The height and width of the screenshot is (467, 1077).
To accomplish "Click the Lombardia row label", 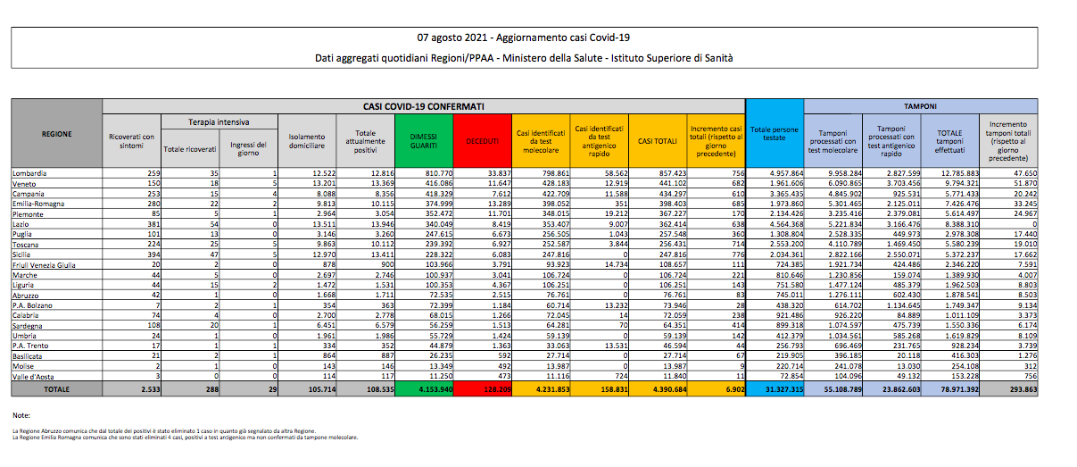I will [29, 171].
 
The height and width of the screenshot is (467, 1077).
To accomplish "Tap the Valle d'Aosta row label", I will [31, 377].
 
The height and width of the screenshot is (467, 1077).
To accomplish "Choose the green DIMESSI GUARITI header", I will [423, 138].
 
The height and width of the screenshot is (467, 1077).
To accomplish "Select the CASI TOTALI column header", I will [656, 139].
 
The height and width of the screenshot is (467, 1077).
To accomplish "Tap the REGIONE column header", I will [56, 135].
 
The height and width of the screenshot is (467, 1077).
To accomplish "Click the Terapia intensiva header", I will [219, 121].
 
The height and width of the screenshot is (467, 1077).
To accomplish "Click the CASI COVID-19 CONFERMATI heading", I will [424, 105].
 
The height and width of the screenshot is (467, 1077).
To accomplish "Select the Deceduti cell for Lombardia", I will [495, 171].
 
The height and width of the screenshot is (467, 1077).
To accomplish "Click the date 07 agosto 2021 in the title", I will [454, 38].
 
